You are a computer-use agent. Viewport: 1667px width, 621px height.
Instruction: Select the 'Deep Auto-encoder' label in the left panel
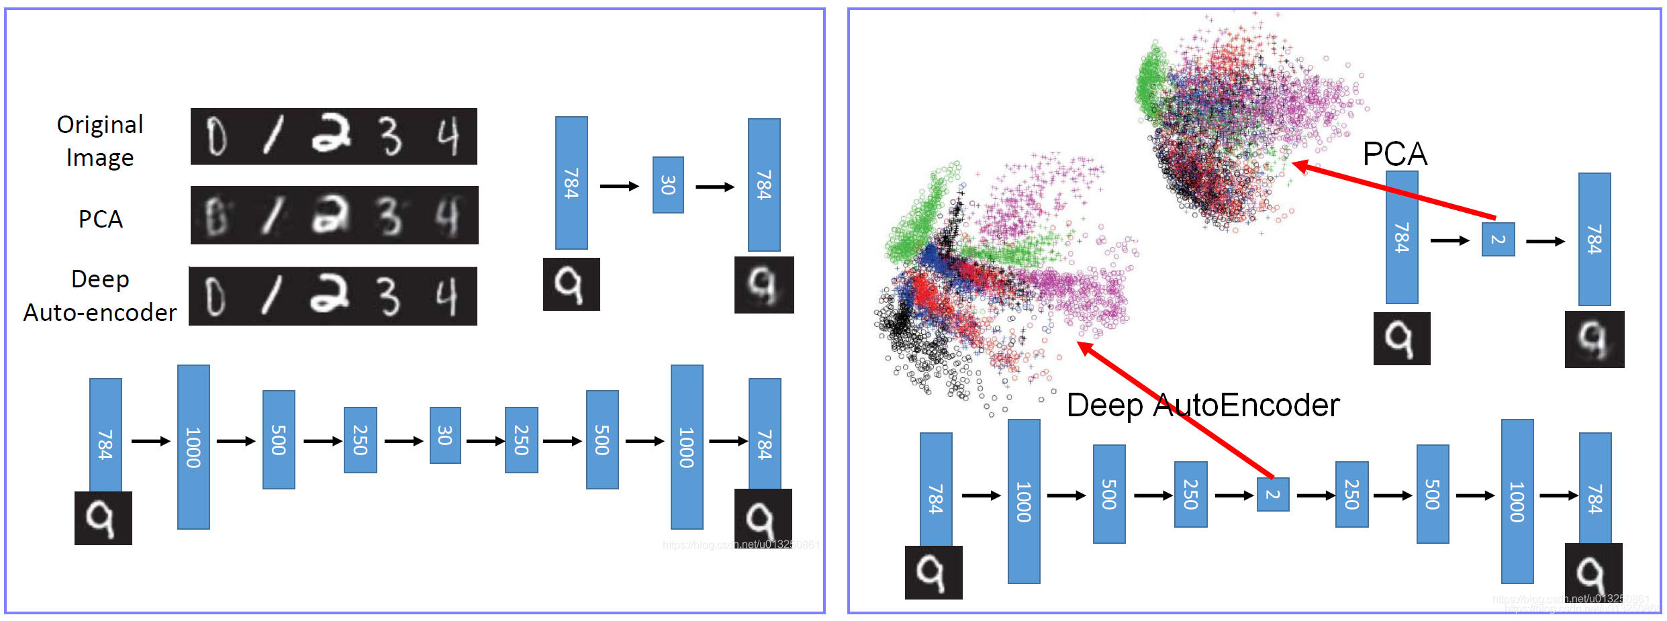click(99, 296)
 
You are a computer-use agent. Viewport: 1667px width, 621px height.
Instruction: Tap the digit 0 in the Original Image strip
click(216, 136)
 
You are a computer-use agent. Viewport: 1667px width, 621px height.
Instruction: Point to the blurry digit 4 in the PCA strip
click(446, 216)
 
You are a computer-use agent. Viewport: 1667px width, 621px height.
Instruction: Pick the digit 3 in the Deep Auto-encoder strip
click(389, 296)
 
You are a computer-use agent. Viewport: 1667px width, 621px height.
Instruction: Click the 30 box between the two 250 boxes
click(445, 435)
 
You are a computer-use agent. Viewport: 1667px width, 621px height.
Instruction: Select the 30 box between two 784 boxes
click(668, 185)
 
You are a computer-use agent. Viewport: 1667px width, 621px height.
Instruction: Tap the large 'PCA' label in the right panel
click(1394, 154)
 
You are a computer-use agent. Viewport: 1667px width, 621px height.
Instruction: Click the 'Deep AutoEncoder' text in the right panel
click(1203, 405)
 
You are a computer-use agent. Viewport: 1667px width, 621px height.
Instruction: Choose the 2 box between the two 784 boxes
click(1498, 240)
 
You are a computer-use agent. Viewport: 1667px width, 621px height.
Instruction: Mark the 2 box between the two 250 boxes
click(1272, 495)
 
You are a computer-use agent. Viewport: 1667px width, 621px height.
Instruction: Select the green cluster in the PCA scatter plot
click(1151, 81)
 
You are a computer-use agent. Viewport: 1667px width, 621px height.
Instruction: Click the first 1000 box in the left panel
click(193, 447)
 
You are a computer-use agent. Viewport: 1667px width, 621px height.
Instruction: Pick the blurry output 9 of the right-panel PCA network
click(1594, 339)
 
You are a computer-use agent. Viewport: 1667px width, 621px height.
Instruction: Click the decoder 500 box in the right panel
click(1433, 494)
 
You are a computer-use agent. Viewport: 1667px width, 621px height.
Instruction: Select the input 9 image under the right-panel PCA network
click(1401, 338)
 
